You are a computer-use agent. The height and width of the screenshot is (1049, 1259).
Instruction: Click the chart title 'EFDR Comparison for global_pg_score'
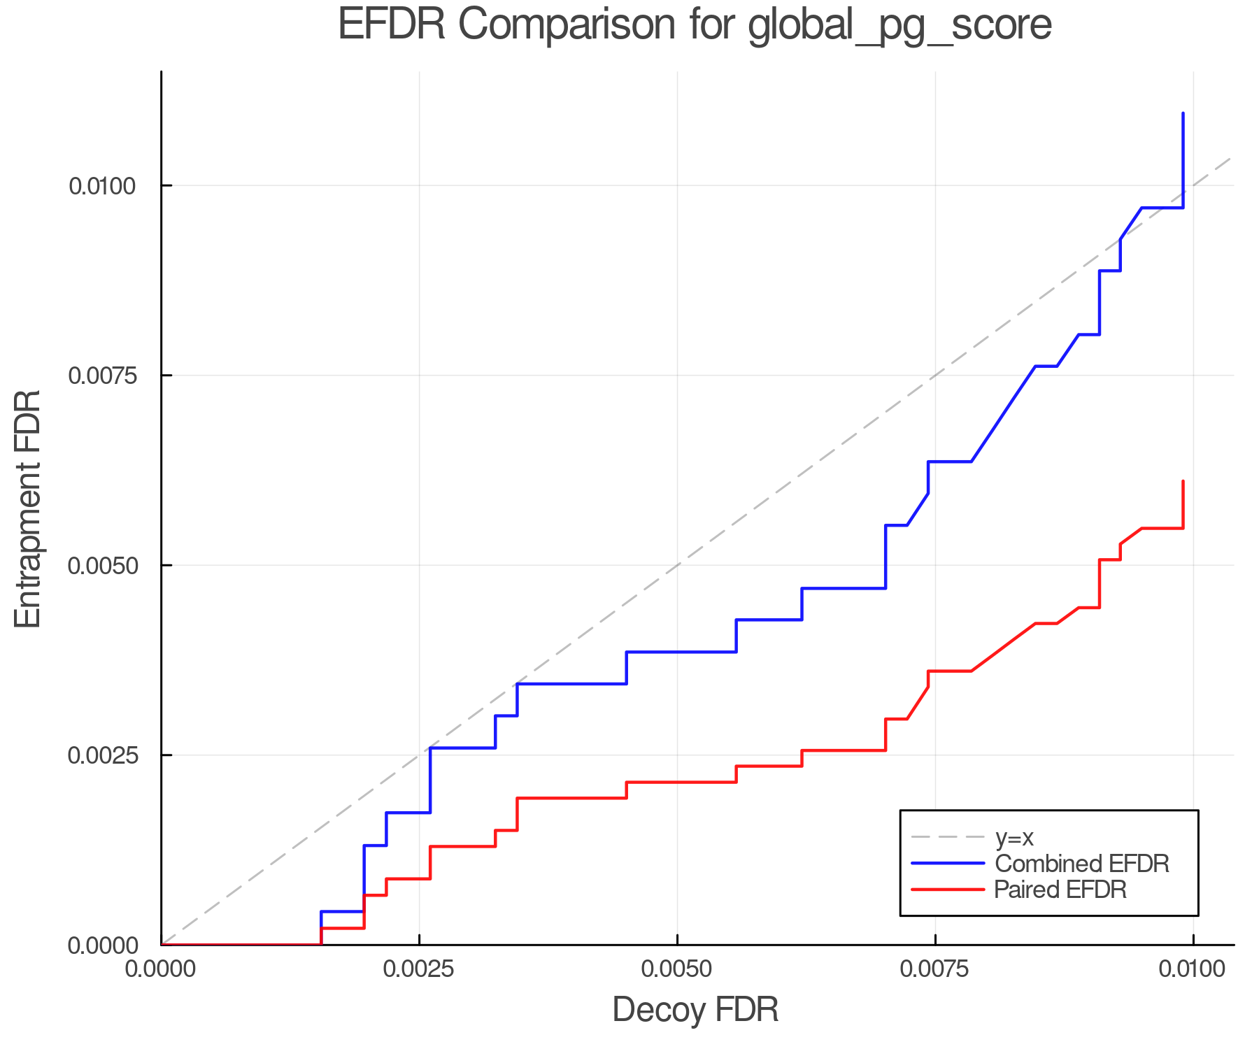click(695, 26)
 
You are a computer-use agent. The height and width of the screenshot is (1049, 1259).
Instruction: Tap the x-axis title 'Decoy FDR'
click(695, 1010)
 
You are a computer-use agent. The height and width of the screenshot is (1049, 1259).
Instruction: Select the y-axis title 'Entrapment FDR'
click(29, 508)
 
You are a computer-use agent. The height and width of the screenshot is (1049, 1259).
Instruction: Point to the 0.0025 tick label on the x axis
click(419, 969)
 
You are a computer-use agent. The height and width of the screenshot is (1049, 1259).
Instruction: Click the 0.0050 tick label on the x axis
click(677, 969)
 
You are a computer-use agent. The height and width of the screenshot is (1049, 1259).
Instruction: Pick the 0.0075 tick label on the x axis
click(935, 969)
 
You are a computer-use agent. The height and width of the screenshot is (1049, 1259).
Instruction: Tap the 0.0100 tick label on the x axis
click(1193, 969)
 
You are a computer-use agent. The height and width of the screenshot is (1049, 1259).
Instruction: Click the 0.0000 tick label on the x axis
click(162, 969)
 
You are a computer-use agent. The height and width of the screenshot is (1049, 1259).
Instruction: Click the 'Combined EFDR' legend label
click(1081, 864)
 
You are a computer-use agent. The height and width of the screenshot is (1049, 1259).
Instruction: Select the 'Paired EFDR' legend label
click(1060, 890)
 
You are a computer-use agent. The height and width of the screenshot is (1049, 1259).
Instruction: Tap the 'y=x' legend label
click(1013, 837)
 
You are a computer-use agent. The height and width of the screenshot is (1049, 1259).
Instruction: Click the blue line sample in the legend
click(948, 864)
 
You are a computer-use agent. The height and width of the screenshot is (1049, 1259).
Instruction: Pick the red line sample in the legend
click(948, 890)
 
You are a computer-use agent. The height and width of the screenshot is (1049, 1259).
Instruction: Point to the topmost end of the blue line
click(1183, 113)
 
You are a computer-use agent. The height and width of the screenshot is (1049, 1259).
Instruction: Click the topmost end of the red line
click(1183, 481)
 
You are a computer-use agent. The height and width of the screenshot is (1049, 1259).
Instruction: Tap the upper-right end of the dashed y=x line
click(1230, 159)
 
